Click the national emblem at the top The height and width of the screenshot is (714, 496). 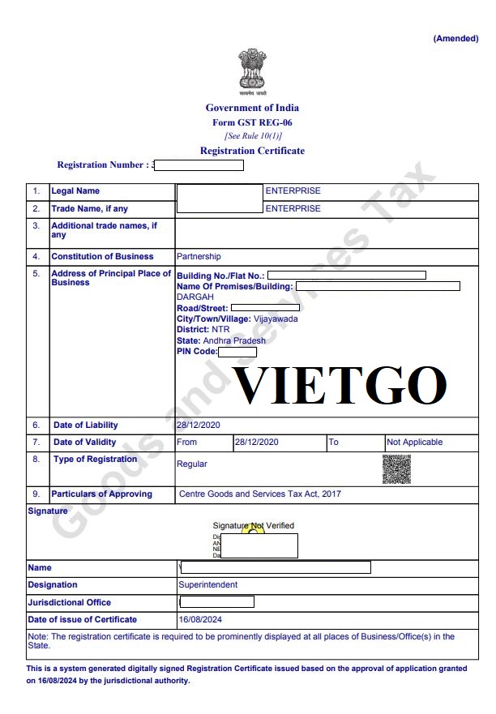coord(252,71)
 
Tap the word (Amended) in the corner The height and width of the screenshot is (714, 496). coord(455,38)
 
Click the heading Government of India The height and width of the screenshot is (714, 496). coord(252,108)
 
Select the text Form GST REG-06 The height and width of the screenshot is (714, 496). coord(252,122)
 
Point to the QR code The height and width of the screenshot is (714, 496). coord(396,469)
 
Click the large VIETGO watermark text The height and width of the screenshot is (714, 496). coord(340,386)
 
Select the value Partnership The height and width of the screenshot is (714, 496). coord(199,256)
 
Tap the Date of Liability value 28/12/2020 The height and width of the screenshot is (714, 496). coord(199,425)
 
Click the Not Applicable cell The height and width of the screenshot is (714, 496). coord(415,443)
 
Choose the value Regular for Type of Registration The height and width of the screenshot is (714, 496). coord(192,464)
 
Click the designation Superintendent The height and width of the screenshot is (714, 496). coord(208,584)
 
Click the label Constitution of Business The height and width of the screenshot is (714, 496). coord(102,256)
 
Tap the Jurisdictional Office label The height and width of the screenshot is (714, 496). coord(70,602)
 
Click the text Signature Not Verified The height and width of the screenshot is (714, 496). coord(254,526)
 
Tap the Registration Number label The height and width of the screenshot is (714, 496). coord(102,165)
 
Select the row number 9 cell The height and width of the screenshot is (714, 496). coord(36,494)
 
